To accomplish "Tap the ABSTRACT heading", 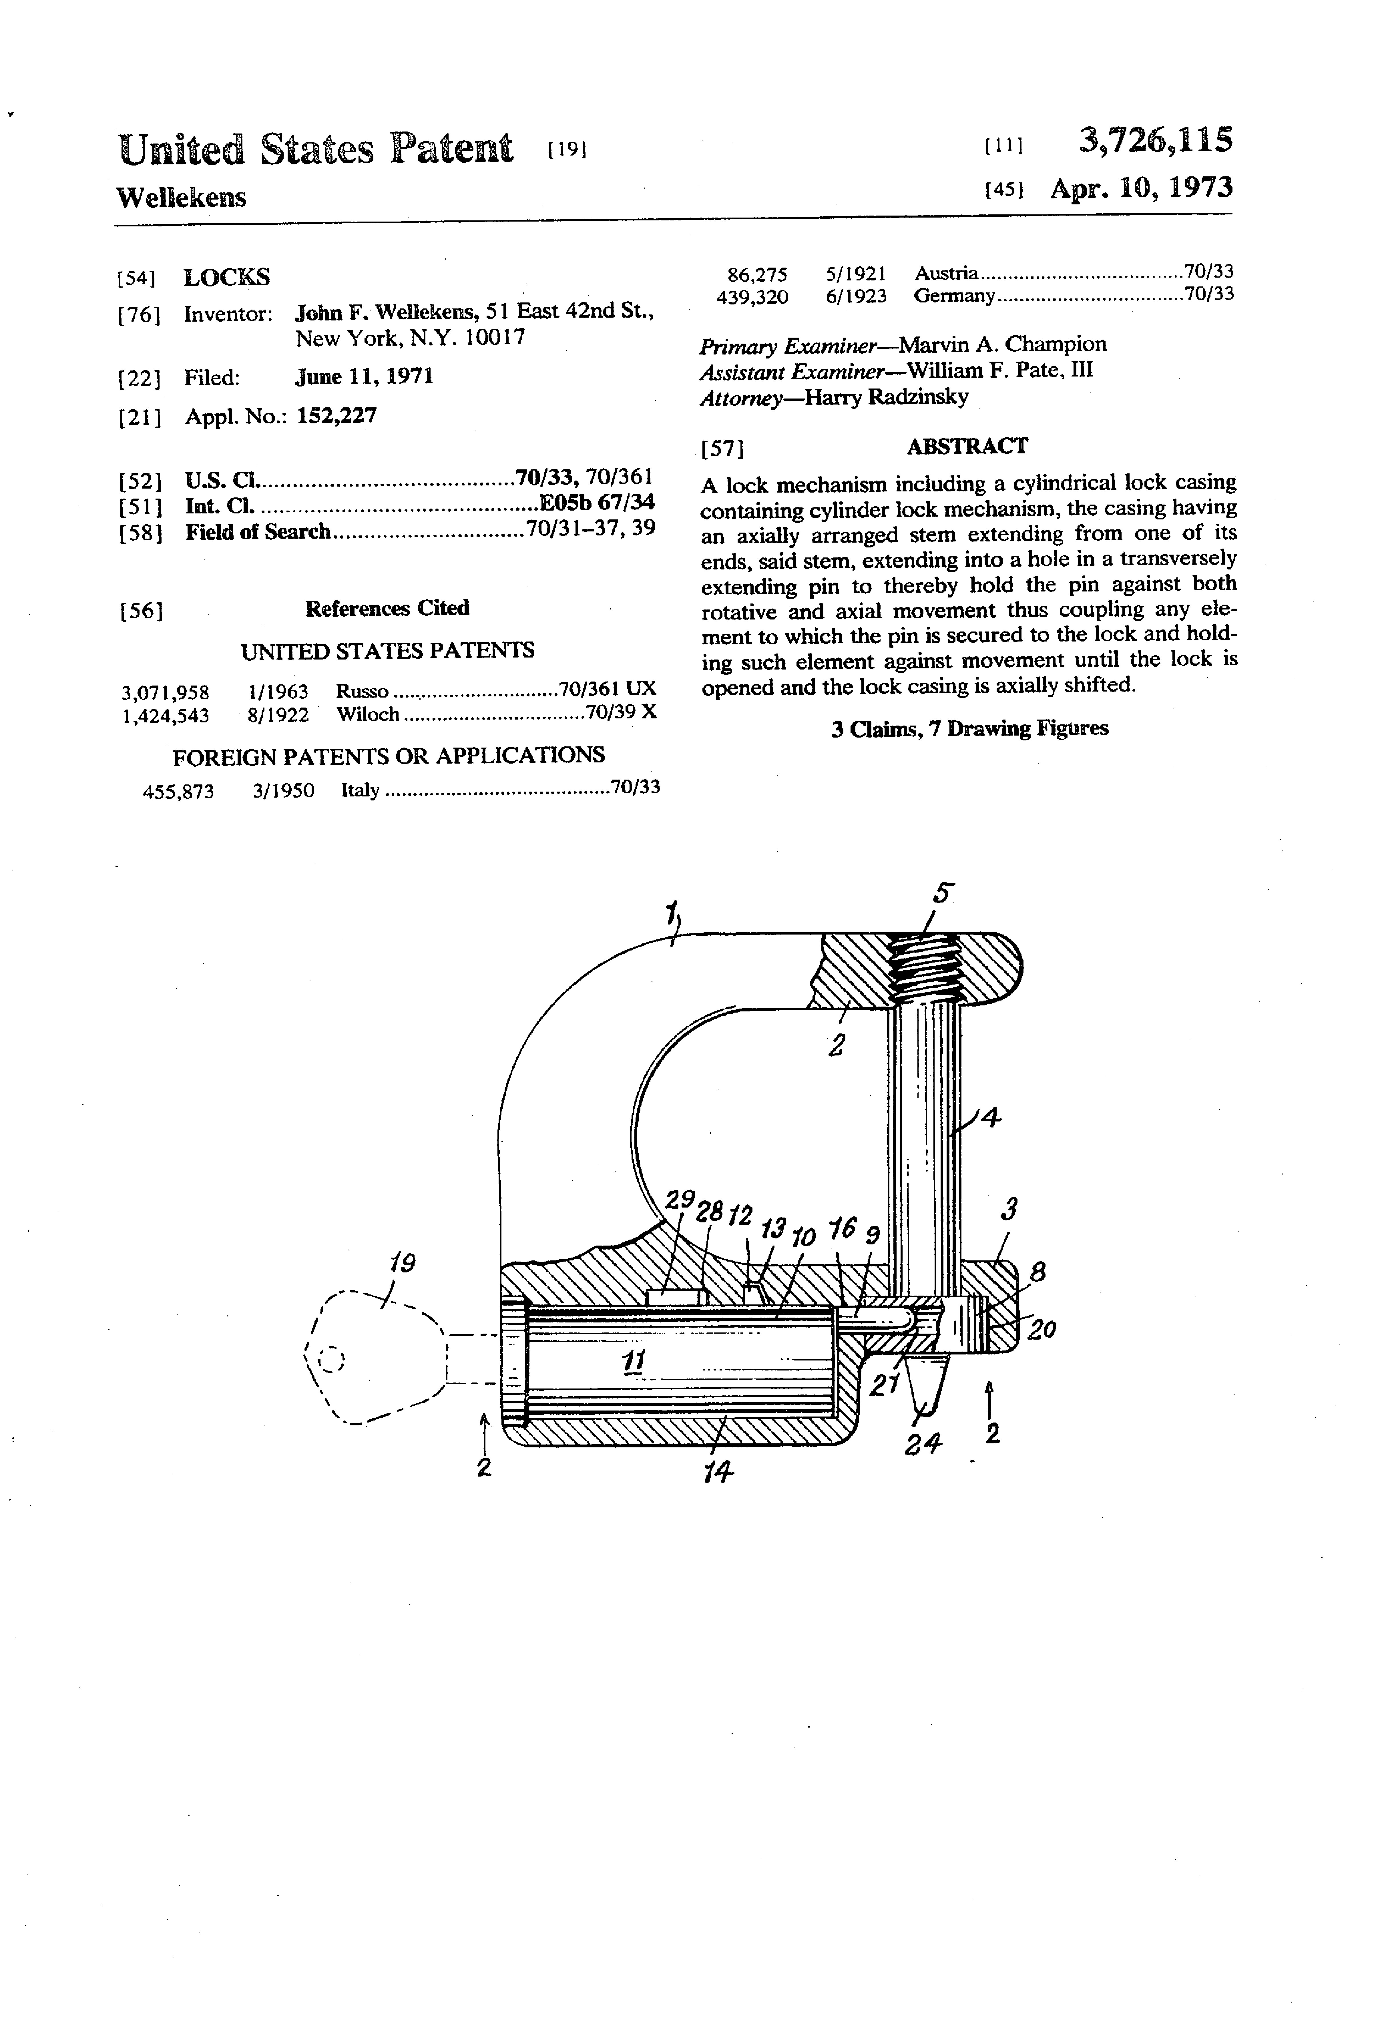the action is pos(967,446).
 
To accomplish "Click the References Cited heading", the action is pos(387,608).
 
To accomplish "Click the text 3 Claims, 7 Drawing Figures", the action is pos(970,728).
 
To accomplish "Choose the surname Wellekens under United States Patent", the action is pos(182,198).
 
